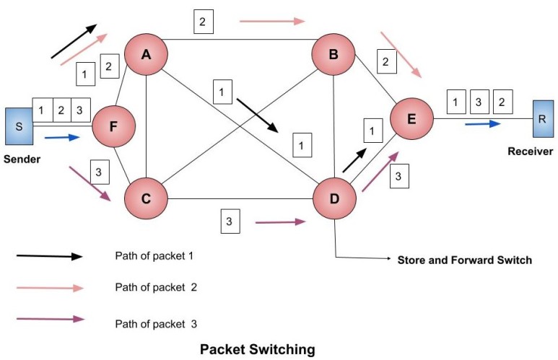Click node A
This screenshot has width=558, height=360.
click(146, 53)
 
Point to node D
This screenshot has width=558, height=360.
click(334, 197)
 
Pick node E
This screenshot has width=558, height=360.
click(411, 118)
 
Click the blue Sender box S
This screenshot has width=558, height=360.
click(17, 127)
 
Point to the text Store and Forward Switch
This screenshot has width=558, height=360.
click(464, 260)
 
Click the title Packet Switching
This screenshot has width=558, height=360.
click(257, 350)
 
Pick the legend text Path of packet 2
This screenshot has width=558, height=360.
click(154, 286)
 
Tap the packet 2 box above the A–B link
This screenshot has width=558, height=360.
click(203, 22)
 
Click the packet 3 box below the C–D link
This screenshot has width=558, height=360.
click(229, 221)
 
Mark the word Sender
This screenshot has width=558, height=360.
click(21, 159)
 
